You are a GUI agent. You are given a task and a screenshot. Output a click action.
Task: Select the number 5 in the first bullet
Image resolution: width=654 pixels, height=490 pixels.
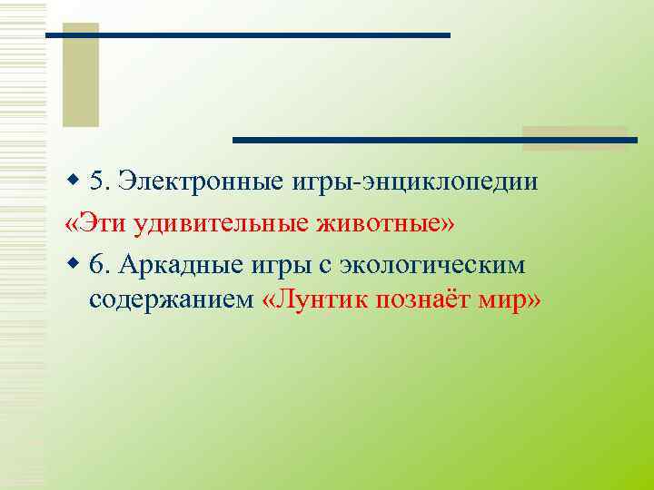tap(100, 181)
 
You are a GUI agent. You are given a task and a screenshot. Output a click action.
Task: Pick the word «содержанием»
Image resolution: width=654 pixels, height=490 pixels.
tap(171, 300)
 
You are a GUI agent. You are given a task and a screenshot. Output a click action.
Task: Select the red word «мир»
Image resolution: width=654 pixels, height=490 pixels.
tap(508, 300)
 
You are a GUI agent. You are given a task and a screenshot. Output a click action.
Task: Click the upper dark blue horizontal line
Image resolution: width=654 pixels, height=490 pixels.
tap(247, 34)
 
